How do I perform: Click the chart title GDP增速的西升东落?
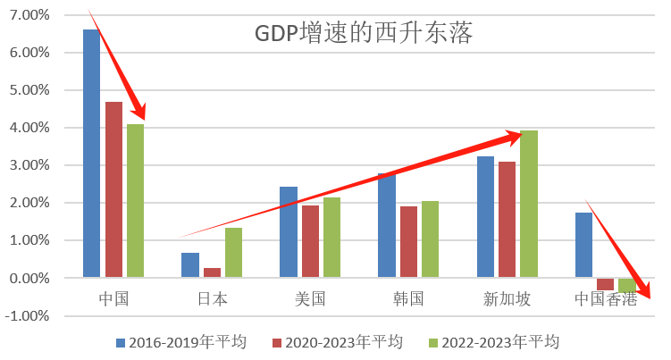pos(363,34)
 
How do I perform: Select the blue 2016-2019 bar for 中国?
pos(91,153)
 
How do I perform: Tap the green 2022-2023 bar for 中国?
pos(135,200)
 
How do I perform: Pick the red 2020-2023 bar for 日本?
pos(211,272)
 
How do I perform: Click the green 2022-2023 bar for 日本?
pos(233,252)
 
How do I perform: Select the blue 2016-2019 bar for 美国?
pos(288,232)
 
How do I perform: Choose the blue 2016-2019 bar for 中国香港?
pos(583,245)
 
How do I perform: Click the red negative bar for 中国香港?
pos(606,284)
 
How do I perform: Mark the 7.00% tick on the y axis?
pos(29,15)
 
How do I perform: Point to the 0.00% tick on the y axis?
pos(29,278)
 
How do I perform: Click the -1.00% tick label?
pos(28,315)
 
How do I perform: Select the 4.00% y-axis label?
pos(29,128)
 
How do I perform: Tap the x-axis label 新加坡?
pos(507,298)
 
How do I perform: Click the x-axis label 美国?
pos(310,298)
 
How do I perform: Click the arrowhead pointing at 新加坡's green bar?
pos(514,136)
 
